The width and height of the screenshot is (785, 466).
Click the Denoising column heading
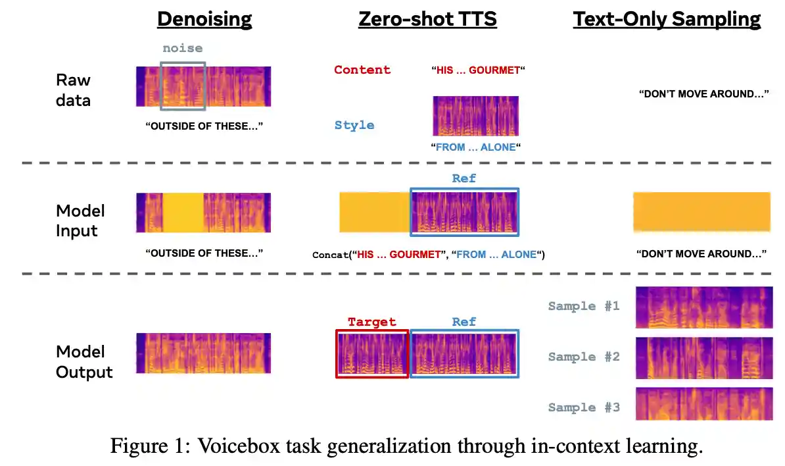coord(204,18)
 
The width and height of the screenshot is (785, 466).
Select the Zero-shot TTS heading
coord(427,18)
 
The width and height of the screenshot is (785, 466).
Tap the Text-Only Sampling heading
coord(667,18)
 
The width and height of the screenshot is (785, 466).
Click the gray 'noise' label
coord(183,48)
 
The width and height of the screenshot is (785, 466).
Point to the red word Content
coord(362,70)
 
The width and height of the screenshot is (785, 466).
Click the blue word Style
coord(354,125)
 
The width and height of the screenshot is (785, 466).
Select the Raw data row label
coord(74,90)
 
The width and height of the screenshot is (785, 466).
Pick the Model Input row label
coord(80,220)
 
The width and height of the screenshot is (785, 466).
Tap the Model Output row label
coord(84,361)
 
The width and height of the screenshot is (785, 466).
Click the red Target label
coord(372,322)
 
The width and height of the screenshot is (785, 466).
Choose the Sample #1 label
coord(584,306)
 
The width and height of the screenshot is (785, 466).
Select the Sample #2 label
coord(584,357)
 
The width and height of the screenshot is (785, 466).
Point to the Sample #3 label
coord(584,407)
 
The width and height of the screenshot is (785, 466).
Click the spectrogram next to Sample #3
coord(703,403)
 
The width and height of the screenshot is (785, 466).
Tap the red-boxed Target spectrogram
coord(372,354)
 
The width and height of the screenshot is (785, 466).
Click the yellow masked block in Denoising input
coord(182,212)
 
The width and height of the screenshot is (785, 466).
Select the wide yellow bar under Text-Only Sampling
coord(702,212)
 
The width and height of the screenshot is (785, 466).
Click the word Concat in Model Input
coord(331,255)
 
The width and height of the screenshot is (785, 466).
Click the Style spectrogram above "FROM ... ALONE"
coord(475,116)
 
